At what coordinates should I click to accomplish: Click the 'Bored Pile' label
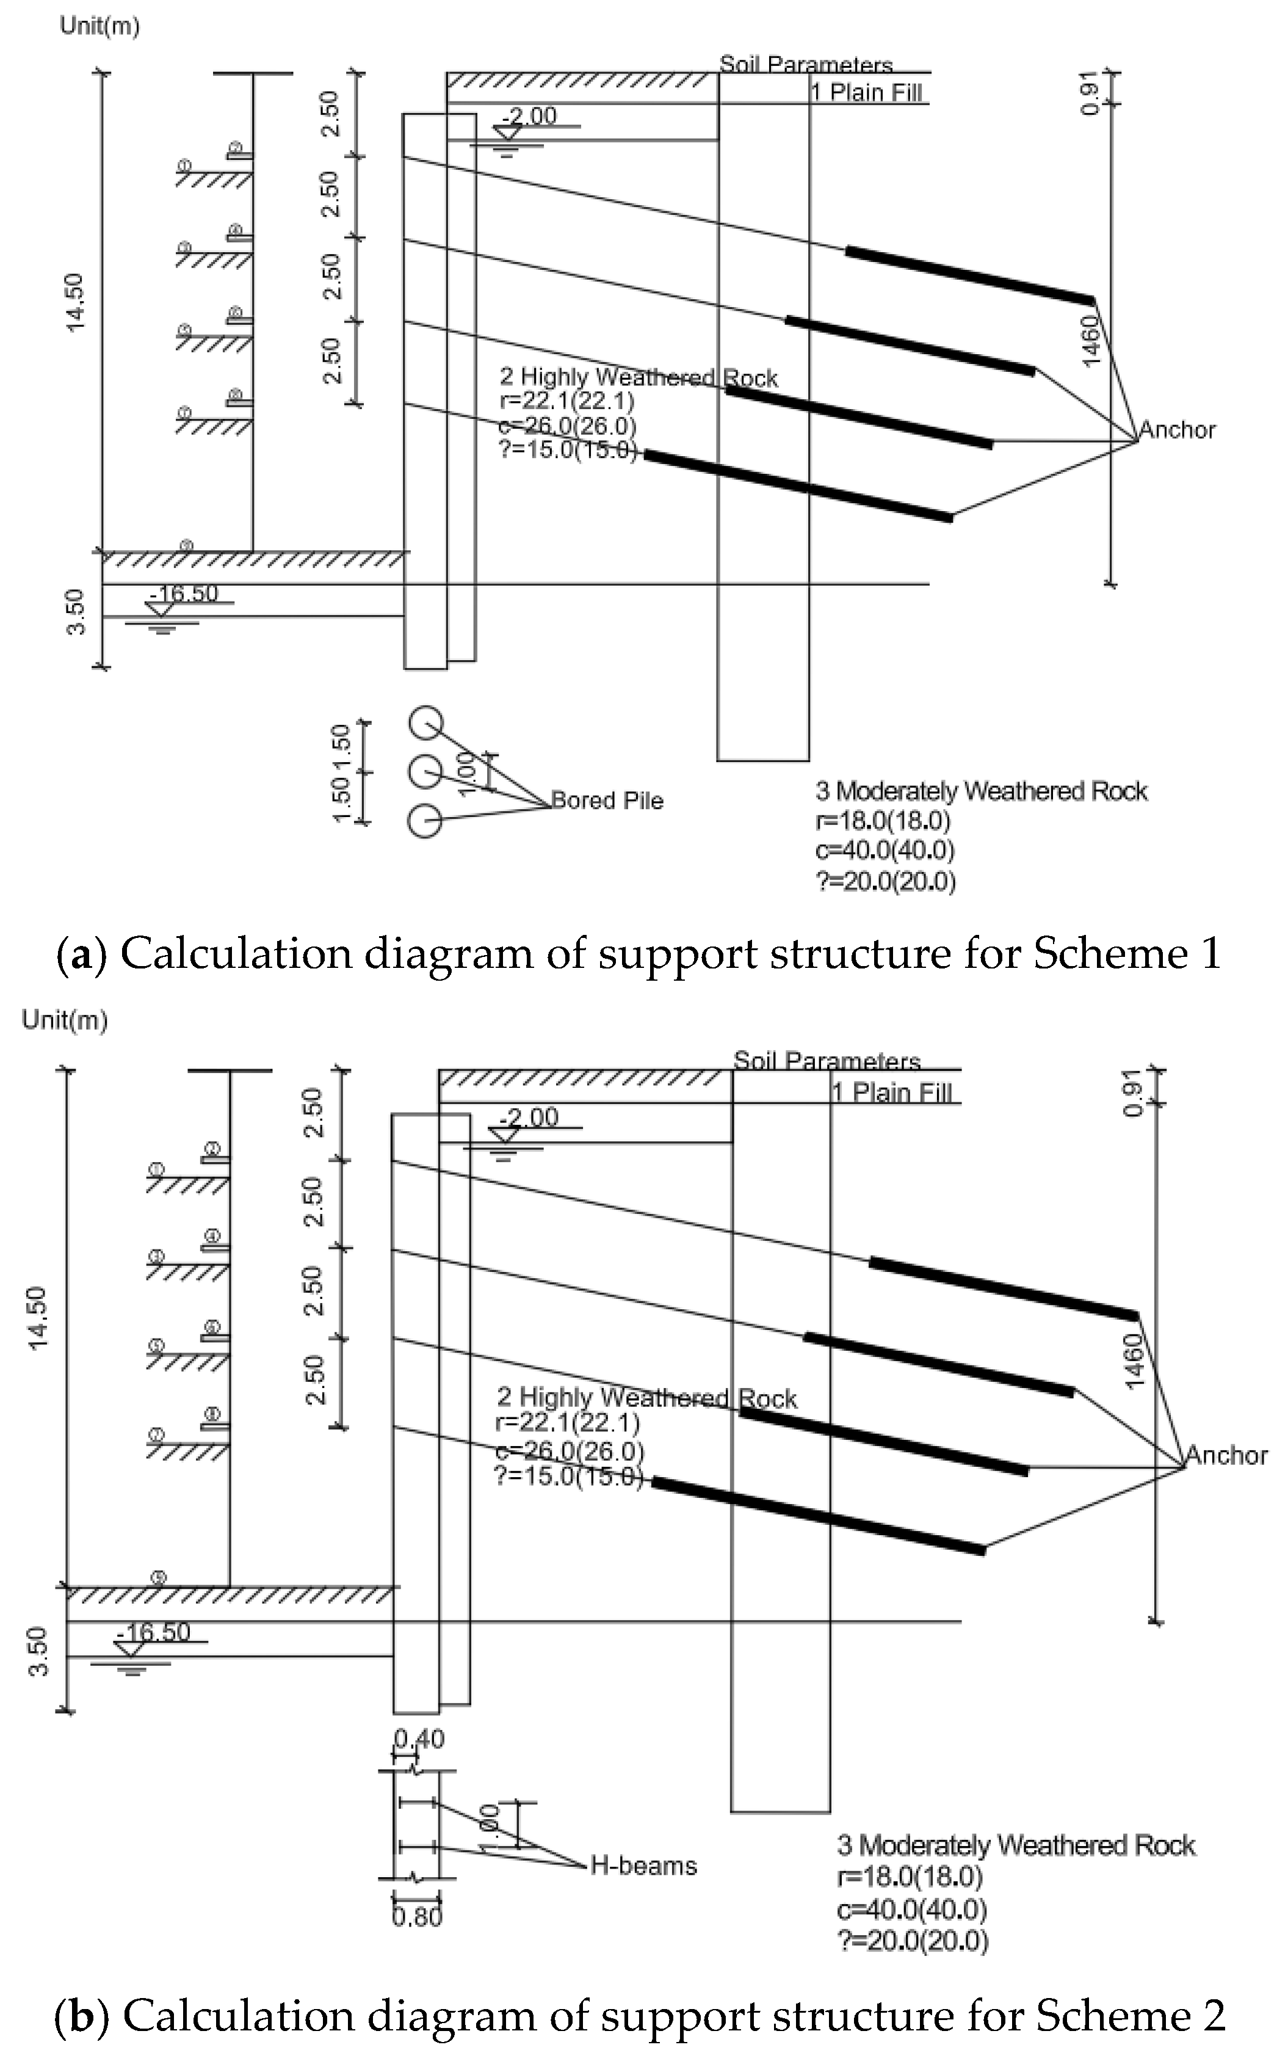click(607, 800)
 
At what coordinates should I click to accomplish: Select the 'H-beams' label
click(643, 1866)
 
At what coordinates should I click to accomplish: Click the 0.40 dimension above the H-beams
click(419, 1739)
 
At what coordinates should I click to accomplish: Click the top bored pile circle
click(425, 724)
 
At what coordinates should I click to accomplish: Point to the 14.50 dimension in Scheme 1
click(75, 302)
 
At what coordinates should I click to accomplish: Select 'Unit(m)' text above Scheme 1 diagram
click(99, 26)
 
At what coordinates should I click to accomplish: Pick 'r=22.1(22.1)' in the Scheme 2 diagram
click(567, 1422)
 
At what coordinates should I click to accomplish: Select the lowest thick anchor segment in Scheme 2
click(819, 1516)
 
